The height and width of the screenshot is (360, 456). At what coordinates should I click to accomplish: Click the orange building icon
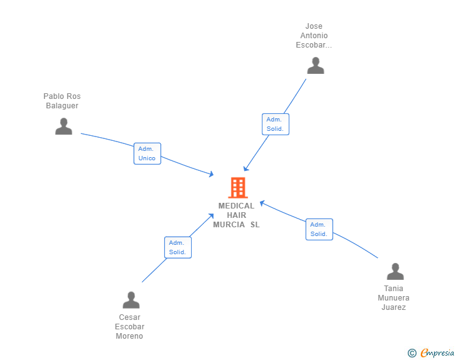pyautogui.click(x=238, y=188)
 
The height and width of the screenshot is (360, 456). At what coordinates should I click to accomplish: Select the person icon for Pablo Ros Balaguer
pyautogui.click(x=64, y=126)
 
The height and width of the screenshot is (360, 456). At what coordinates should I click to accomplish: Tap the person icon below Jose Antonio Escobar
pyautogui.click(x=316, y=66)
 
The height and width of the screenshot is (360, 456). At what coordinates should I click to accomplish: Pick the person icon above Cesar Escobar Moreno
pyautogui.click(x=131, y=300)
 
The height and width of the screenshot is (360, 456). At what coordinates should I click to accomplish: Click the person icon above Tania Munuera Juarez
pyautogui.click(x=395, y=271)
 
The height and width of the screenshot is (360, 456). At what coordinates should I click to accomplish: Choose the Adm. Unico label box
pyautogui.click(x=147, y=153)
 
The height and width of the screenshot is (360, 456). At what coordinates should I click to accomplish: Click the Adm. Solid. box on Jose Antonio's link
pyautogui.click(x=276, y=124)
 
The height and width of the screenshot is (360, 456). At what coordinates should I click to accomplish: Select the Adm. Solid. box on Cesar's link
pyautogui.click(x=178, y=247)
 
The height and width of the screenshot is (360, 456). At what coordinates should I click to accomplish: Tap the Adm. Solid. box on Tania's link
pyautogui.click(x=319, y=229)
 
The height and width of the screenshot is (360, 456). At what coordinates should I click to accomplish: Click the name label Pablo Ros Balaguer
pyautogui.click(x=62, y=101)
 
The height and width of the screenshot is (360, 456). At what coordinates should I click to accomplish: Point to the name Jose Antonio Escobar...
pyautogui.click(x=314, y=36)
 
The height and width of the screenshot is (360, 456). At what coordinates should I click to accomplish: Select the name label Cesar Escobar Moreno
pyautogui.click(x=130, y=327)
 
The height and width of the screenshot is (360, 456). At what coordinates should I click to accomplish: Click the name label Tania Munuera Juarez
pyautogui.click(x=393, y=298)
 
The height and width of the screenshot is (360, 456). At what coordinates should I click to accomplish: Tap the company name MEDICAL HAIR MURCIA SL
pyautogui.click(x=236, y=215)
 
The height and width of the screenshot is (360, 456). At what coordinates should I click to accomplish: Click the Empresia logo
pyautogui.click(x=437, y=352)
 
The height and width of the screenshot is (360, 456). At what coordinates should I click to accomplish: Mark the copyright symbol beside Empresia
pyautogui.click(x=412, y=353)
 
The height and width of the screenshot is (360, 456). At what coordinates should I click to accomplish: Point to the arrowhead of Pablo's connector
pyautogui.click(x=212, y=174)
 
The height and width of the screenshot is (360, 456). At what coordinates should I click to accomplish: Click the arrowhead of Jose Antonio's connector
pyautogui.click(x=246, y=168)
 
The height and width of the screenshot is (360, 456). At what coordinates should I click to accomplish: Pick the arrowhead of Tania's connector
pyautogui.click(x=262, y=203)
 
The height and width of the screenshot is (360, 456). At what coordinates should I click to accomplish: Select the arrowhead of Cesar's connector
pyautogui.click(x=212, y=216)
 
